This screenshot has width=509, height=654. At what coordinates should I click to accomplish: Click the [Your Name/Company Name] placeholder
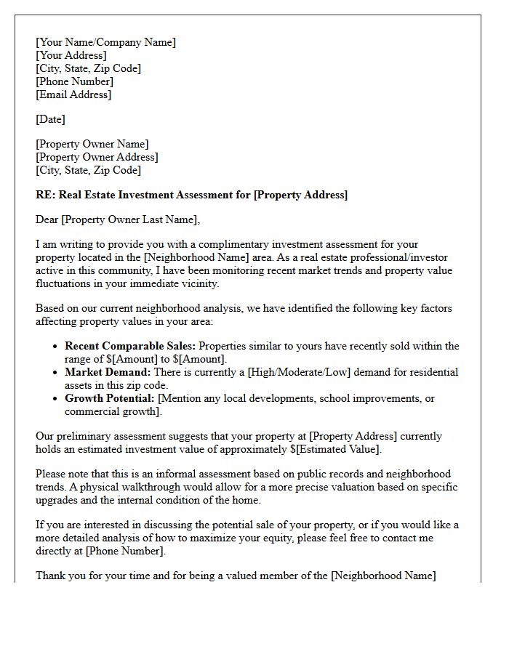tap(105, 42)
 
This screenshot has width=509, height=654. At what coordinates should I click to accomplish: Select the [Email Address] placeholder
tap(73, 94)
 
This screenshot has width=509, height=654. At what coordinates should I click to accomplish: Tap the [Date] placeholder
tap(50, 119)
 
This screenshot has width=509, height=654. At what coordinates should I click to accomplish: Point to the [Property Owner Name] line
tap(92, 144)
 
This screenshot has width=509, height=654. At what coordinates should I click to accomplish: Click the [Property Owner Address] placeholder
tap(97, 157)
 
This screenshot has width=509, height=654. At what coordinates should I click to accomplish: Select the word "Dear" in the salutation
tap(47, 219)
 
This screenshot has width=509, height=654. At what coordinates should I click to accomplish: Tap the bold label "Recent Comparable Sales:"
tap(130, 346)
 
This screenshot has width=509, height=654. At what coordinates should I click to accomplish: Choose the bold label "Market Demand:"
tap(108, 372)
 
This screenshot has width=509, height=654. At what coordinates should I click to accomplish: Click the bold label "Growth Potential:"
tap(109, 398)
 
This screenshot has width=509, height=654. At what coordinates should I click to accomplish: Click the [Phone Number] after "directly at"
tap(124, 551)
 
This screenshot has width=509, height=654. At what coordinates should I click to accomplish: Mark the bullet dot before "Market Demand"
tap(55, 373)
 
